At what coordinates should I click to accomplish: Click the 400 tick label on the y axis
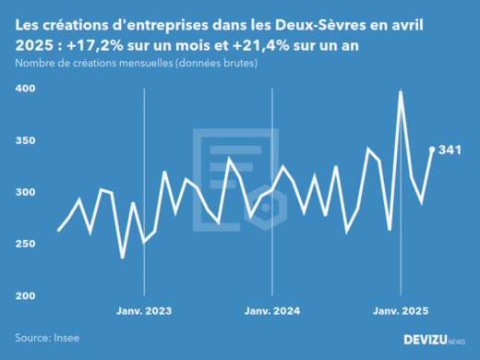(x=25, y=89)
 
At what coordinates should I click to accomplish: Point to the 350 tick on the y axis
(x=25, y=140)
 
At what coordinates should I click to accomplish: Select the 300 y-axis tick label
(x=25, y=192)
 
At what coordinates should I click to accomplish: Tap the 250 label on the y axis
(x=25, y=244)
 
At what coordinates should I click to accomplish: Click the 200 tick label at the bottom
(x=25, y=295)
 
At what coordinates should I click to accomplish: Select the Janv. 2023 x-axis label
(x=143, y=312)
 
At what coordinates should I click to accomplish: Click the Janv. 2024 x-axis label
(x=272, y=312)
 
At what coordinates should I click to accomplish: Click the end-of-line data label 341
(x=450, y=150)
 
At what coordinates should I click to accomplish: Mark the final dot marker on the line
(x=432, y=150)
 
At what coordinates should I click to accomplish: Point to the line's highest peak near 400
(x=401, y=91)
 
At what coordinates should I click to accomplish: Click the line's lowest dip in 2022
(x=123, y=258)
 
